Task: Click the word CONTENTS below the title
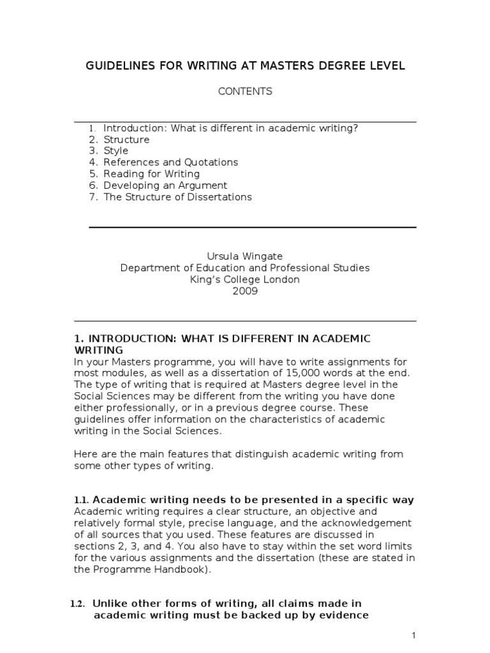[x=245, y=91]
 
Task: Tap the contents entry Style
[x=116, y=151]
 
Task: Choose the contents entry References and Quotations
[x=170, y=163]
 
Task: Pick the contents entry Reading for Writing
[x=151, y=174]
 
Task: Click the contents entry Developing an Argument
[x=165, y=186]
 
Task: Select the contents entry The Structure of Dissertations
[x=177, y=197]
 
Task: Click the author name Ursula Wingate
[x=245, y=256]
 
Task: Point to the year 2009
[x=245, y=291]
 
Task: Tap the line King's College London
[x=245, y=280]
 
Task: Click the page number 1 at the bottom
[x=413, y=635]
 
